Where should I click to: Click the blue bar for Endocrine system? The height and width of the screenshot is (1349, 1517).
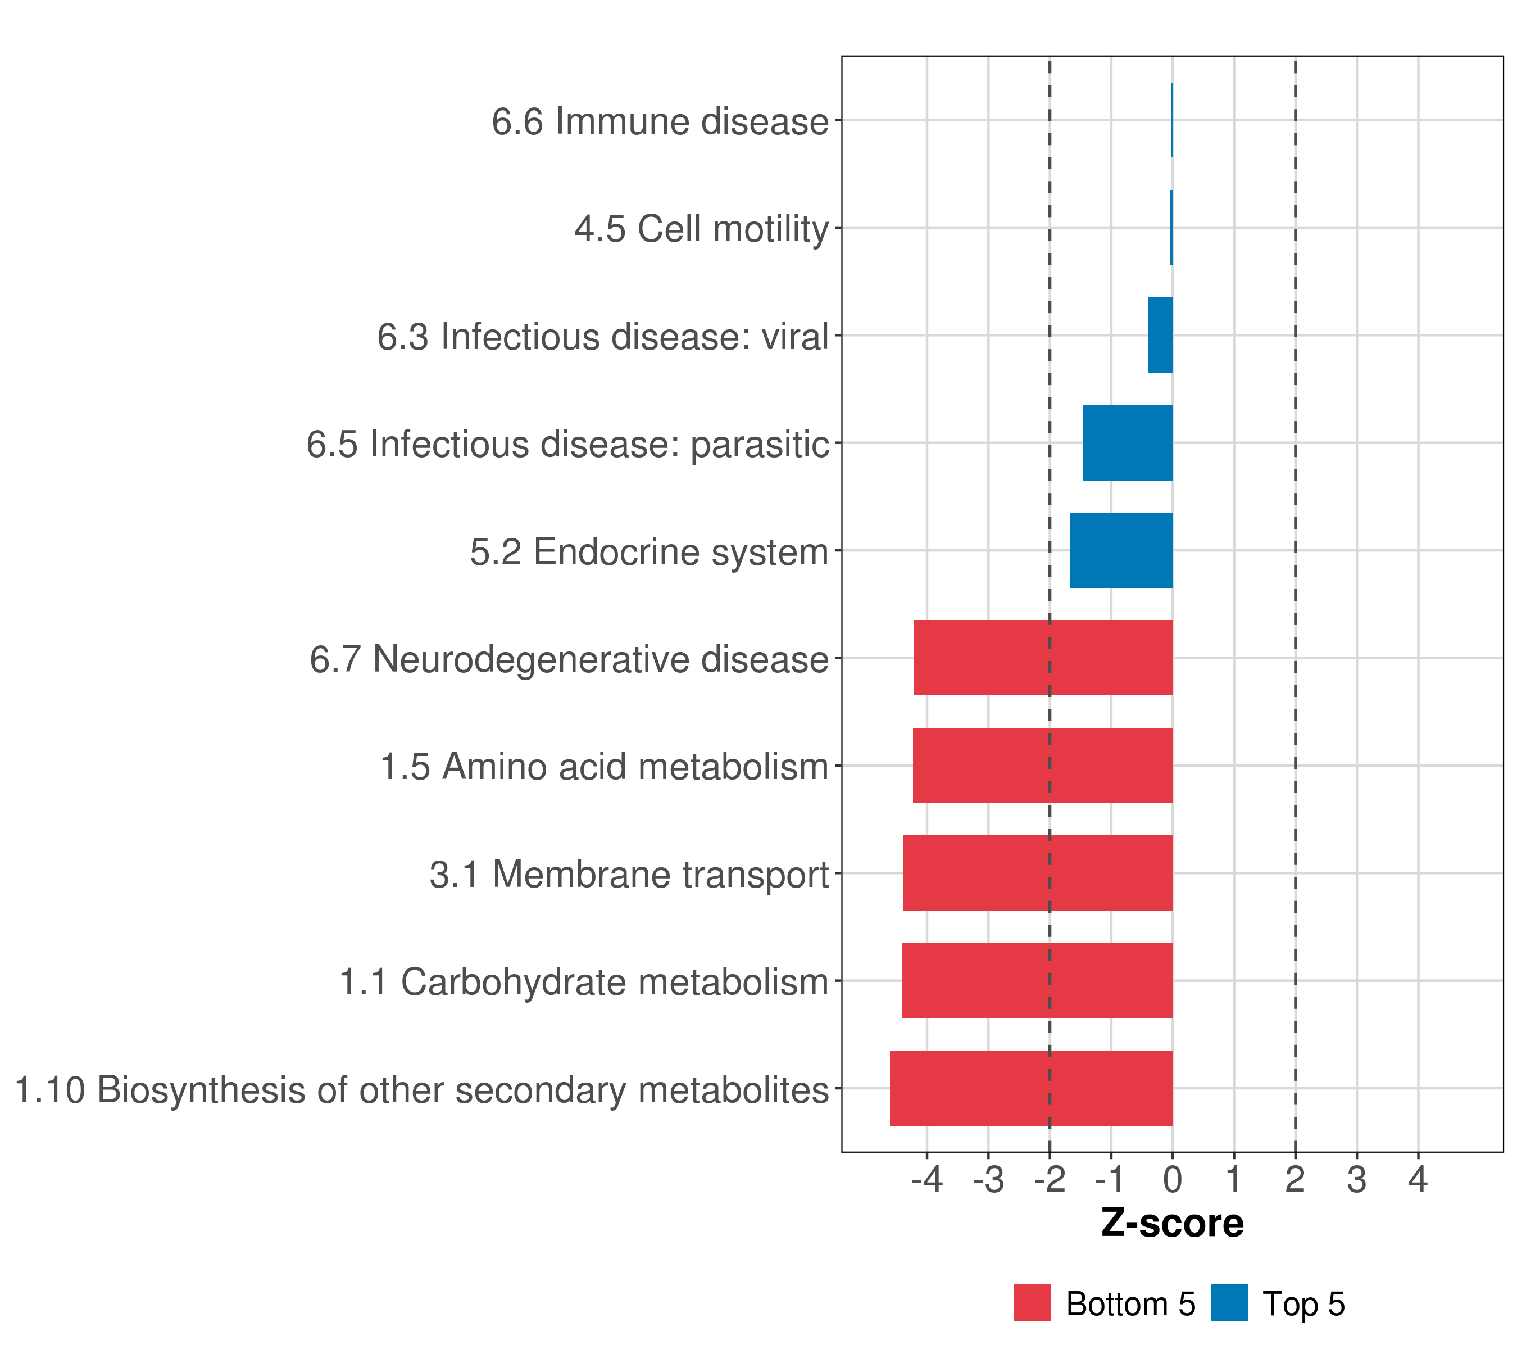(1121, 550)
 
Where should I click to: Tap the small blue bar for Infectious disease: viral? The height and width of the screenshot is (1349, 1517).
(1160, 335)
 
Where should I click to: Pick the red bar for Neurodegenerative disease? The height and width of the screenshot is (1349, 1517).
(1043, 658)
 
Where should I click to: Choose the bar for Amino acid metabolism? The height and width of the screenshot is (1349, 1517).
(1042, 766)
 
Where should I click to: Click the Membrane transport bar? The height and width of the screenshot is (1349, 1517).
(1038, 873)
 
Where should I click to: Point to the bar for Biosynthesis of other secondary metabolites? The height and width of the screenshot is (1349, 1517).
(1031, 1088)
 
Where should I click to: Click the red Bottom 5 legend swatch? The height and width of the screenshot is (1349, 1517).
(1032, 1303)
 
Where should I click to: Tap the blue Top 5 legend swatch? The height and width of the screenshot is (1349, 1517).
(1229, 1303)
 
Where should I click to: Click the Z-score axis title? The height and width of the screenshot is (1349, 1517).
(1172, 1222)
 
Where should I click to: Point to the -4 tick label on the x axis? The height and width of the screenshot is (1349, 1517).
(927, 1179)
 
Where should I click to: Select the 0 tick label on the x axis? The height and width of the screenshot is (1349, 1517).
(1173, 1179)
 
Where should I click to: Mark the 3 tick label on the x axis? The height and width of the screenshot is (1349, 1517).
(1357, 1179)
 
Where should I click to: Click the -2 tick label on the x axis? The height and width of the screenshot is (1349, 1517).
(1050, 1179)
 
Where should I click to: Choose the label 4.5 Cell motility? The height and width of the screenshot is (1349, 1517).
(701, 229)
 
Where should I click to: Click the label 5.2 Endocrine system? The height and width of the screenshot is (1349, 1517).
(649, 551)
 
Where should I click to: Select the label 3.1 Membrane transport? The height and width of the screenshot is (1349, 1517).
(629, 875)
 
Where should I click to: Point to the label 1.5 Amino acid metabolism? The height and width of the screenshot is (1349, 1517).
(604, 767)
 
